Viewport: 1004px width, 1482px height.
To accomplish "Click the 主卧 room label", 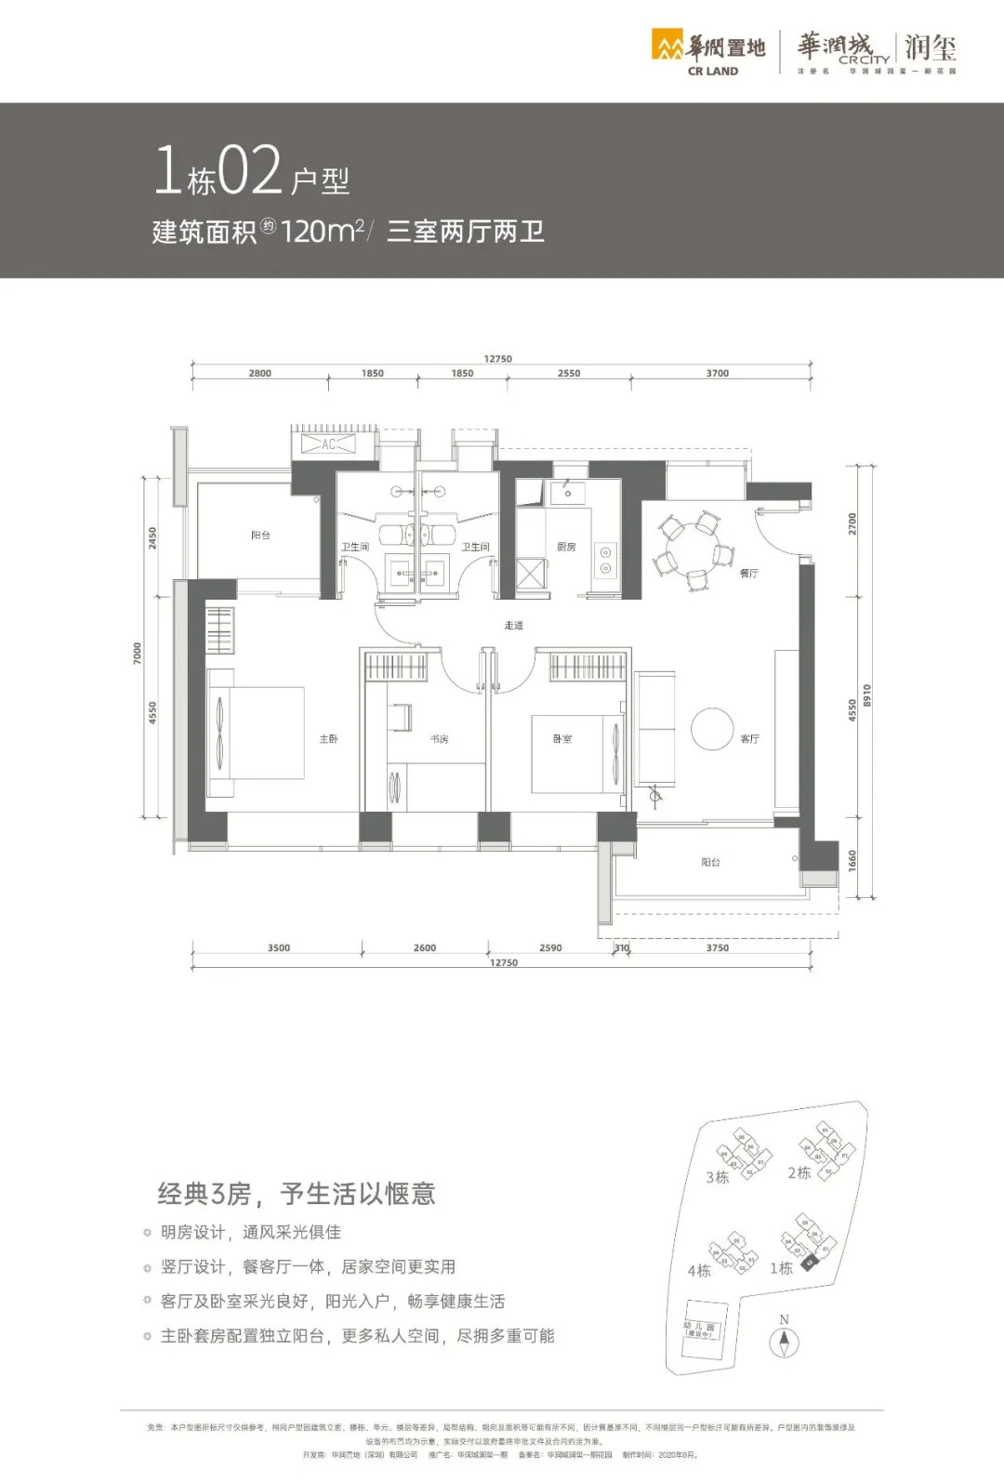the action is tap(328, 739).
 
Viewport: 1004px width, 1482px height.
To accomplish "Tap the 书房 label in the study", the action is tap(439, 739).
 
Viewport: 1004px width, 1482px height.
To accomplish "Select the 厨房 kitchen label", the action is tap(566, 547).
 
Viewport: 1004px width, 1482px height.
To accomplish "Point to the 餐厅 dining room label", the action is tap(748, 574).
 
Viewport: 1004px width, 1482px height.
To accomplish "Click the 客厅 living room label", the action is tap(749, 739).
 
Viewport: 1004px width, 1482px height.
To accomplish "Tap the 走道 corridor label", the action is tap(513, 625).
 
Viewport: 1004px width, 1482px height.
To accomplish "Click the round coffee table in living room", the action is tap(713, 729).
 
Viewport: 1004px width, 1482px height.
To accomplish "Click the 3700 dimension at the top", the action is tap(717, 374).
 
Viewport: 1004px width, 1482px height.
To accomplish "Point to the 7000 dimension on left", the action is tap(138, 653).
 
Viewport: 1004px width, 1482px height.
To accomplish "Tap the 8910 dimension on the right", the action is tap(866, 695).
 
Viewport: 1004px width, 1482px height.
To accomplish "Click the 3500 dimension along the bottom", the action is tap(278, 948).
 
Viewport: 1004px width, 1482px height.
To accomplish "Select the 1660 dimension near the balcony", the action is tap(852, 861).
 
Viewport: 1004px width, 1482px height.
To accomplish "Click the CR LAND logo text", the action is tap(713, 71).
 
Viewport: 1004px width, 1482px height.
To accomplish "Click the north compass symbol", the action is tap(784, 1342).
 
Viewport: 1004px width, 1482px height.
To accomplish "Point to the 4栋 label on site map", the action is tap(699, 1271).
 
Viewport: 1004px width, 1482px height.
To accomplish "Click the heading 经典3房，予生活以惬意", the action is tap(297, 1194).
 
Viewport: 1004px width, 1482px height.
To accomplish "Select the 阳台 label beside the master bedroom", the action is tap(260, 536).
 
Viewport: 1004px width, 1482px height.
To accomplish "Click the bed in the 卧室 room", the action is tap(576, 753).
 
